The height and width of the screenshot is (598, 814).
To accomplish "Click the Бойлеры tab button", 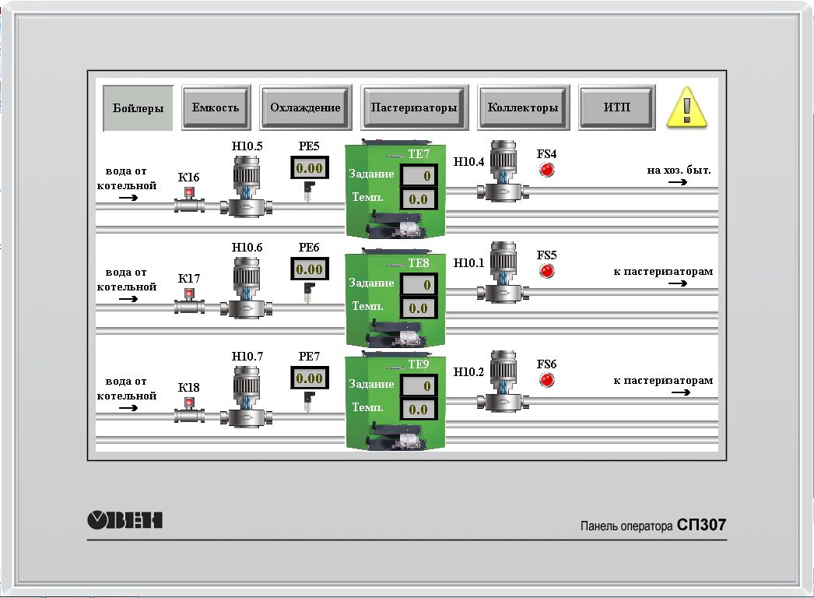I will click(138, 108).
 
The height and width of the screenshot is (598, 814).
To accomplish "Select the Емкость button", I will click(216, 107).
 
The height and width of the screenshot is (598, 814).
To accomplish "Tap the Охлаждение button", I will click(305, 107).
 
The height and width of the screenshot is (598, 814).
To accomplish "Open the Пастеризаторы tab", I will click(414, 107).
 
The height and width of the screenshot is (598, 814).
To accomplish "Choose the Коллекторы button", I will click(522, 107).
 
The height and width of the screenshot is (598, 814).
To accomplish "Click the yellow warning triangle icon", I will click(688, 107).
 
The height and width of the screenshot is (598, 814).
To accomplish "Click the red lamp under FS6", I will click(547, 380).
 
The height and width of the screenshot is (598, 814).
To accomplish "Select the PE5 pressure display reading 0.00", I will click(309, 168).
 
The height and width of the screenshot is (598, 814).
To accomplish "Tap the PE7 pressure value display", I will click(309, 378).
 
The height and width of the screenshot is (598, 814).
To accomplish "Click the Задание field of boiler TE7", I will click(419, 176).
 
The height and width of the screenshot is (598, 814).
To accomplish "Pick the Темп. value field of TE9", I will click(419, 410).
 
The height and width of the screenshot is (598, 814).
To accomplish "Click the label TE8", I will click(419, 263).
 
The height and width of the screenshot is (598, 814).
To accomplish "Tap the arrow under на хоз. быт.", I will click(678, 182).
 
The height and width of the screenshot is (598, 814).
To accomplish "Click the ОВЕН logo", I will click(125, 519).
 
